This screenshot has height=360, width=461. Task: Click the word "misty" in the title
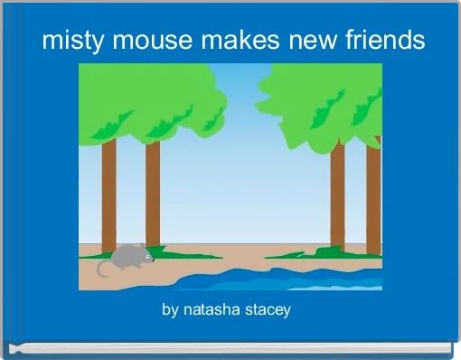(x=68, y=41)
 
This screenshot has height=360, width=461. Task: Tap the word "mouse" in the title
(x=136, y=41)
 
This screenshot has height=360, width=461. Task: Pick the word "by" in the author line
(x=170, y=310)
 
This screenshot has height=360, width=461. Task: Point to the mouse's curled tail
(x=102, y=268)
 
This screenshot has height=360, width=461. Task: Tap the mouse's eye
(x=144, y=255)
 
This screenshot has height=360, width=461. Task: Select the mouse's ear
(x=136, y=248)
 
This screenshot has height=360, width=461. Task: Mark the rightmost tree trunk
(x=373, y=194)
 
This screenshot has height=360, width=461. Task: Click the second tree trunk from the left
(x=153, y=194)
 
